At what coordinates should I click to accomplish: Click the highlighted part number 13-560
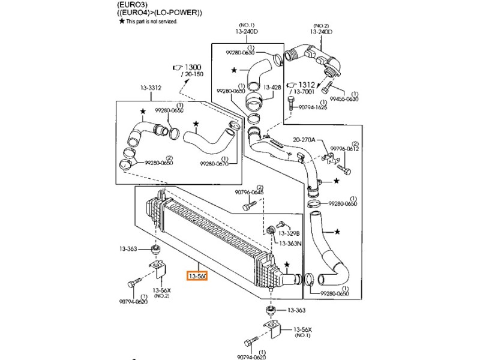click(x=197, y=277)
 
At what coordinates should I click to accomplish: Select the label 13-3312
click(x=151, y=88)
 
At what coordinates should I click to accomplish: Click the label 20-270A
click(x=304, y=140)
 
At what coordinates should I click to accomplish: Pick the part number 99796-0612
click(x=345, y=149)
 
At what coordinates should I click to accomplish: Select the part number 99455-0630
click(x=344, y=99)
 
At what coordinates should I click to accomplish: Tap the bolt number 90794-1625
click(x=313, y=108)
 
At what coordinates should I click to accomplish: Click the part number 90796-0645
click(x=250, y=193)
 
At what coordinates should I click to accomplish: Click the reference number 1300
click(x=193, y=67)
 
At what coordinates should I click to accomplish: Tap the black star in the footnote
click(x=121, y=21)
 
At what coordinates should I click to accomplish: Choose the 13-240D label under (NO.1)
click(x=246, y=32)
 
